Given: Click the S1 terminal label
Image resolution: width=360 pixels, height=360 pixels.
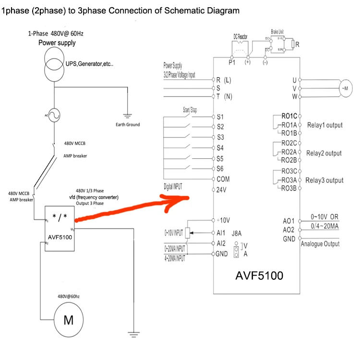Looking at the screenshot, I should click(220, 117).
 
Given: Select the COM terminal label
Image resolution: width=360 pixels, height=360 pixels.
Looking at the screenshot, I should click(223, 179).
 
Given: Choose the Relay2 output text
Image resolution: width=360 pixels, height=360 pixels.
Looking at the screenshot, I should click(324, 153).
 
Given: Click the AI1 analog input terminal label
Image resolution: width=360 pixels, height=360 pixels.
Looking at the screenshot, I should click(221, 233).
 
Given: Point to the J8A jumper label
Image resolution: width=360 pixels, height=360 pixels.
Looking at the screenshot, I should click(237, 234).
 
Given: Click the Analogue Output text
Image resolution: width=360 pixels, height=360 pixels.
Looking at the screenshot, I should click(320, 244).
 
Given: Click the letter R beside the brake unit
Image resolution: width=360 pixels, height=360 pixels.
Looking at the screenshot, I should click(297, 45).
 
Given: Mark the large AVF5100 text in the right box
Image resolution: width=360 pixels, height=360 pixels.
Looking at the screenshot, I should click(259, 276).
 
